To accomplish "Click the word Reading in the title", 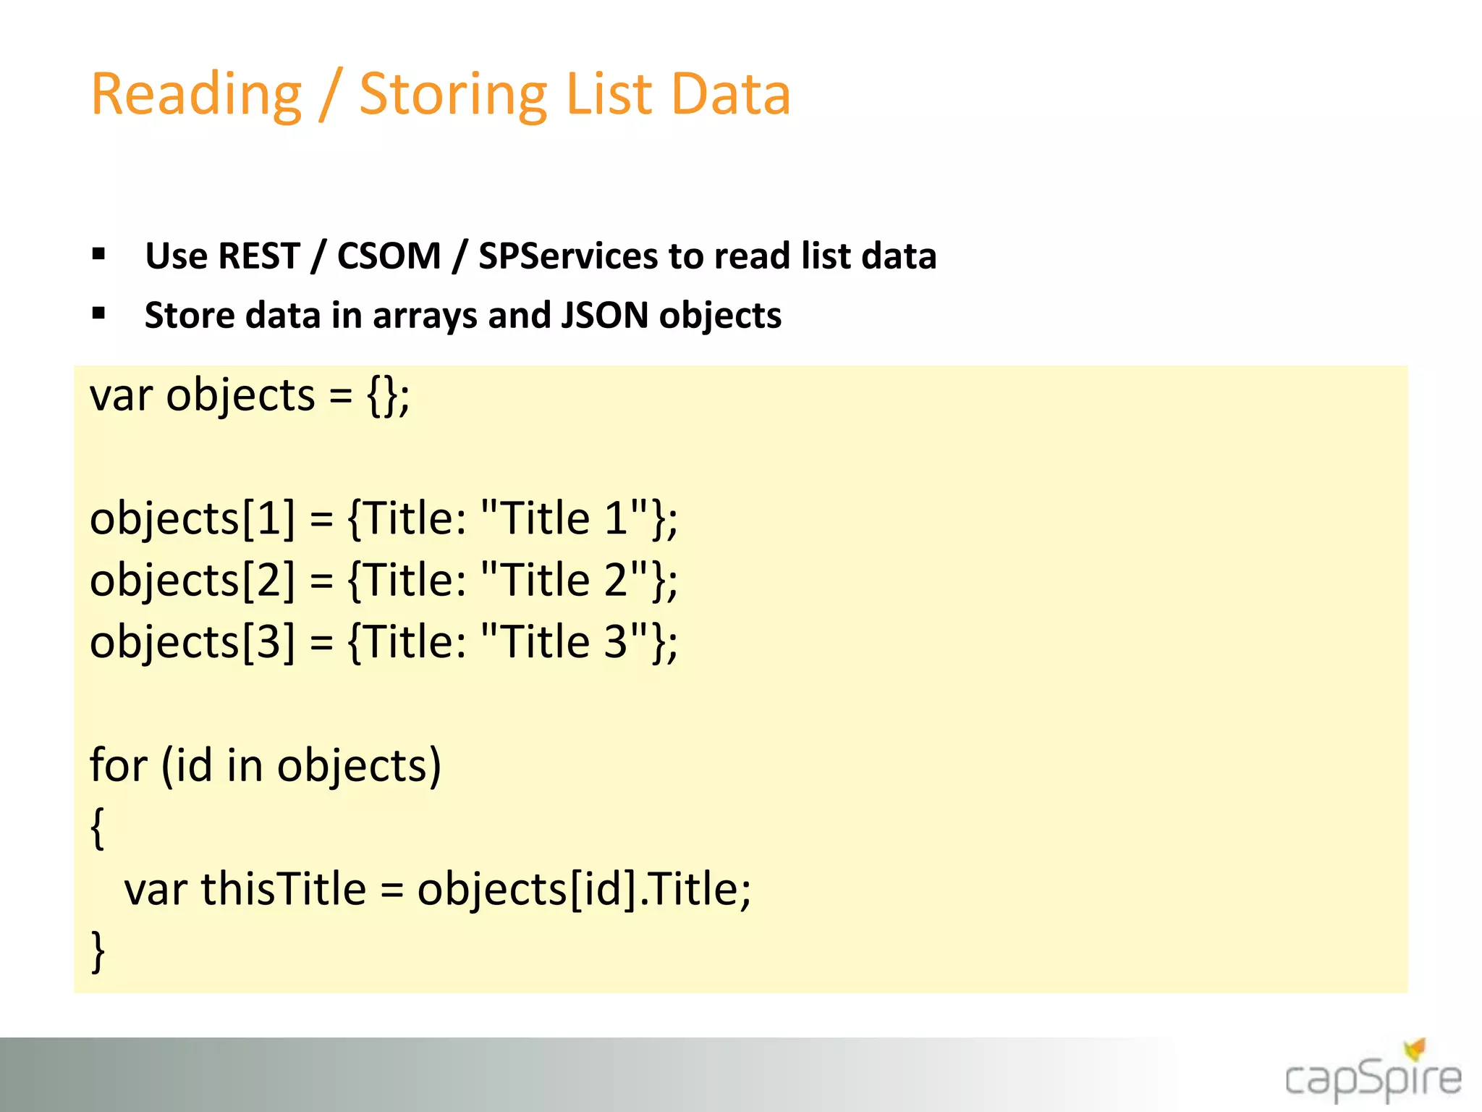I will coord(196,96).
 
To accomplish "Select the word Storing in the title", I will coord(453,96).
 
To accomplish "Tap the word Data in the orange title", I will coord(730,94).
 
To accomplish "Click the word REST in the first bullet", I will coord(258,256).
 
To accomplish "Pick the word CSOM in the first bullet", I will coord(389,256).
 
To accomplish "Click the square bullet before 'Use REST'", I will coord(99,254).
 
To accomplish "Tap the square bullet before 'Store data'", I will coord(99,313).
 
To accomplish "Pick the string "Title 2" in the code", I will coord(564,580).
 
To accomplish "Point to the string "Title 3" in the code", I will coord(564,642).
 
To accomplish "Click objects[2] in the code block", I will coord(192,581).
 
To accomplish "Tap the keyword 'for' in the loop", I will coord(118,765).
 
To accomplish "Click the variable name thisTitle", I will coord(283,889).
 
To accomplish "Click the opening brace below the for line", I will coord(98,827).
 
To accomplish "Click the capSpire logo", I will coord(1372,1074).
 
